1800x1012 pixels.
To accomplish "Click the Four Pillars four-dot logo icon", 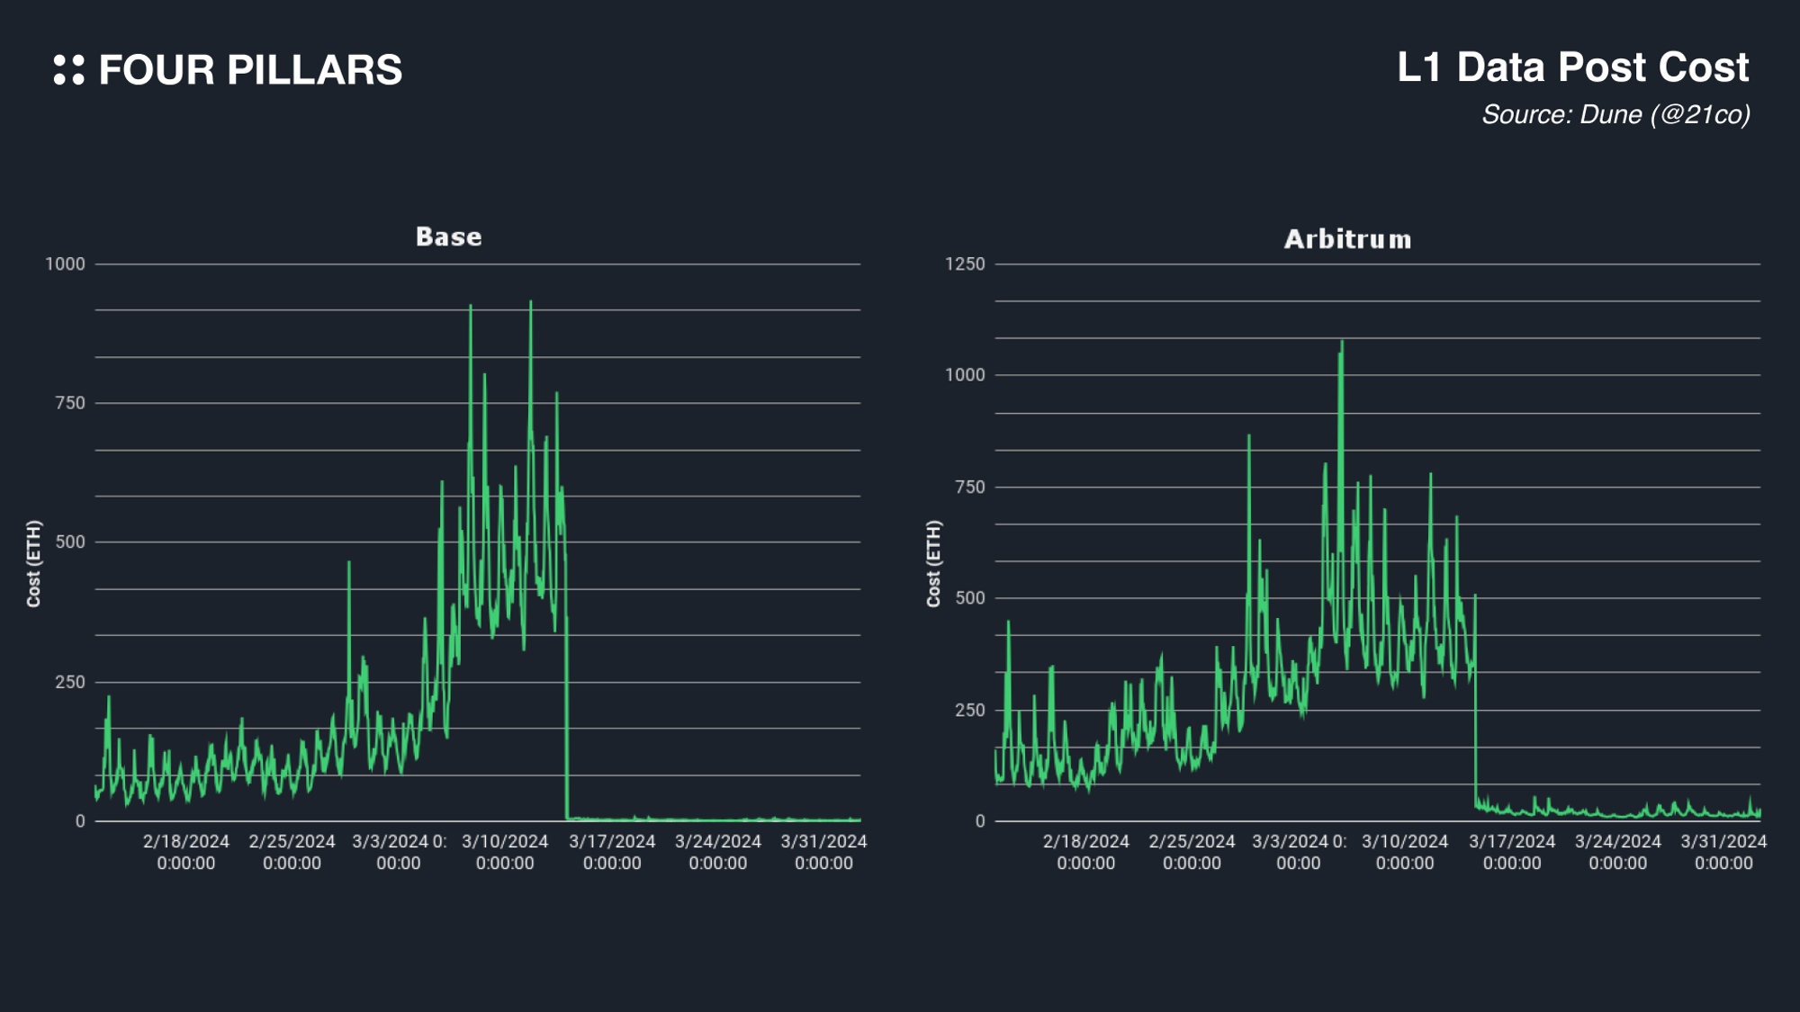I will coord(68,70).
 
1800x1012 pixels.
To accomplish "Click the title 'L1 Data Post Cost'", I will coord(1572,67).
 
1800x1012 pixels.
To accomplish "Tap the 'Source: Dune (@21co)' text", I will coord(1615,115).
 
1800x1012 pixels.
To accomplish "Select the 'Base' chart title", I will coord(448,237).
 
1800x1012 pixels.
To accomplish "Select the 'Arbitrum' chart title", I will coord(1347,239).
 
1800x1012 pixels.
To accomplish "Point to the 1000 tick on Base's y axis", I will coord(65,264).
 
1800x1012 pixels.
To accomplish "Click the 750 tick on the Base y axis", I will coord(70,403).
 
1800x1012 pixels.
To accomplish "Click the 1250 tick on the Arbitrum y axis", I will coord(965,264).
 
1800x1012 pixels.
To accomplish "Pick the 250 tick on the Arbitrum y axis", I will coord(970,710).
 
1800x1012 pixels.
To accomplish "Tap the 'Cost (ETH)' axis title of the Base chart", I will coord(34,564).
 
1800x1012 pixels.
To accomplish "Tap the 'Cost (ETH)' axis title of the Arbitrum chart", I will coord(934,564).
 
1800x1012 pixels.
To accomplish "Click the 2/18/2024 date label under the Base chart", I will coord(186,852).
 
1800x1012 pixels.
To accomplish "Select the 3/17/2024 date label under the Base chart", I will coord(612,852).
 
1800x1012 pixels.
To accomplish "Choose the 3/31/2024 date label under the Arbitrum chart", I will coord(1723,852).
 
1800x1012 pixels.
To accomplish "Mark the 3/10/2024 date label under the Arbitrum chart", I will coord(1405,852).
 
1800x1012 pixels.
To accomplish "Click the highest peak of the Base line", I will coord(531,303).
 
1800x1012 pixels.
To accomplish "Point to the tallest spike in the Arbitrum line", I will coord(1342,342).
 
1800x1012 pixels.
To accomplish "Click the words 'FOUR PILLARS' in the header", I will coord(250,70).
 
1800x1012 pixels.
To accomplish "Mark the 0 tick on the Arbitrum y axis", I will coord(980,821).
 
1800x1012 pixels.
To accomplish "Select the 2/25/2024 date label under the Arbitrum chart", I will coord(1192,852).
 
